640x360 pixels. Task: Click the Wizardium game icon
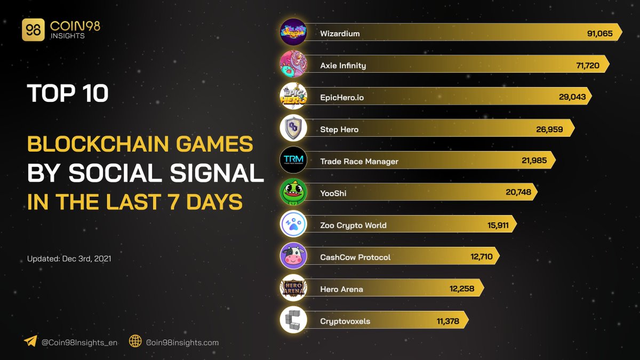(x=293, y=32)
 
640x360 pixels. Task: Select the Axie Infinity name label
(x=343, y=66)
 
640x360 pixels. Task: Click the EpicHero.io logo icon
(x=293, y=96)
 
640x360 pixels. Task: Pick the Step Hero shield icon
(x=293, y=128)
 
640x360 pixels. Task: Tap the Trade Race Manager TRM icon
(x=293, y=160)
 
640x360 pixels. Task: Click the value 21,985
(x=534, y=161)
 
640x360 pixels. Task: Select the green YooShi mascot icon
(x=293, y=192)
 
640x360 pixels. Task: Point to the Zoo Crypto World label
(x=353, y=226)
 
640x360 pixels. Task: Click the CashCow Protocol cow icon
(x=293, y=256)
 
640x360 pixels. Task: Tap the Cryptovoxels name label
(x=345, y=321)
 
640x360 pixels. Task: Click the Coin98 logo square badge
(x=33, y=30)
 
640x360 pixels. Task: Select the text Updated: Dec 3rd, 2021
(x=69, y=259)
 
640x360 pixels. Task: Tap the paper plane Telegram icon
(x=30, y=342)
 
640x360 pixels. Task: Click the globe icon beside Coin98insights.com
(x=135, y=342)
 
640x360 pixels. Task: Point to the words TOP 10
(x=68, y=94)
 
